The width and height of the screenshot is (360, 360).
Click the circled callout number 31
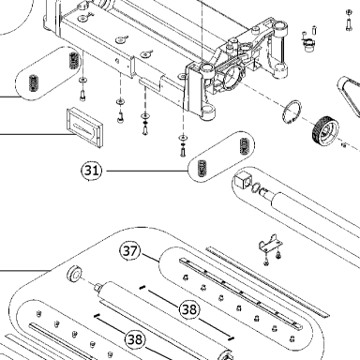pos(92,171)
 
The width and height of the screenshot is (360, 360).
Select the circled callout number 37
pos(130,250)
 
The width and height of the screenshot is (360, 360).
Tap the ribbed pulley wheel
pos(325,131)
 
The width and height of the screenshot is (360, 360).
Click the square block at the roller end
pos(241,180)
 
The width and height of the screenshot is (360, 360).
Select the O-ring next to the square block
pos(256,187)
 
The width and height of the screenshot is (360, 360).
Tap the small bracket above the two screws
pos(270,243)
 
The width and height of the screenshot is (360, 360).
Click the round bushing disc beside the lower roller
pos(75,274)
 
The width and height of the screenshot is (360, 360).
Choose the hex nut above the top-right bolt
pos(349,12)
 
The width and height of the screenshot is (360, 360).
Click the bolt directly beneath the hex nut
pos(349,24)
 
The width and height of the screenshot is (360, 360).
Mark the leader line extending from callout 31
pos(147,171)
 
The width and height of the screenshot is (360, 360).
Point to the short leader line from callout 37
pos(151,258)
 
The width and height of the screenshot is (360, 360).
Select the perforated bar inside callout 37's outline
pos(241,292)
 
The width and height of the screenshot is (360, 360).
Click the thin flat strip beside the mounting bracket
pos(267,281)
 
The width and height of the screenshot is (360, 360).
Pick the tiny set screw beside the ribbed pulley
pos(344,145)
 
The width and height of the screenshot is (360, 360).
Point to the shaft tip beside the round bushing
pos(97,286)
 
